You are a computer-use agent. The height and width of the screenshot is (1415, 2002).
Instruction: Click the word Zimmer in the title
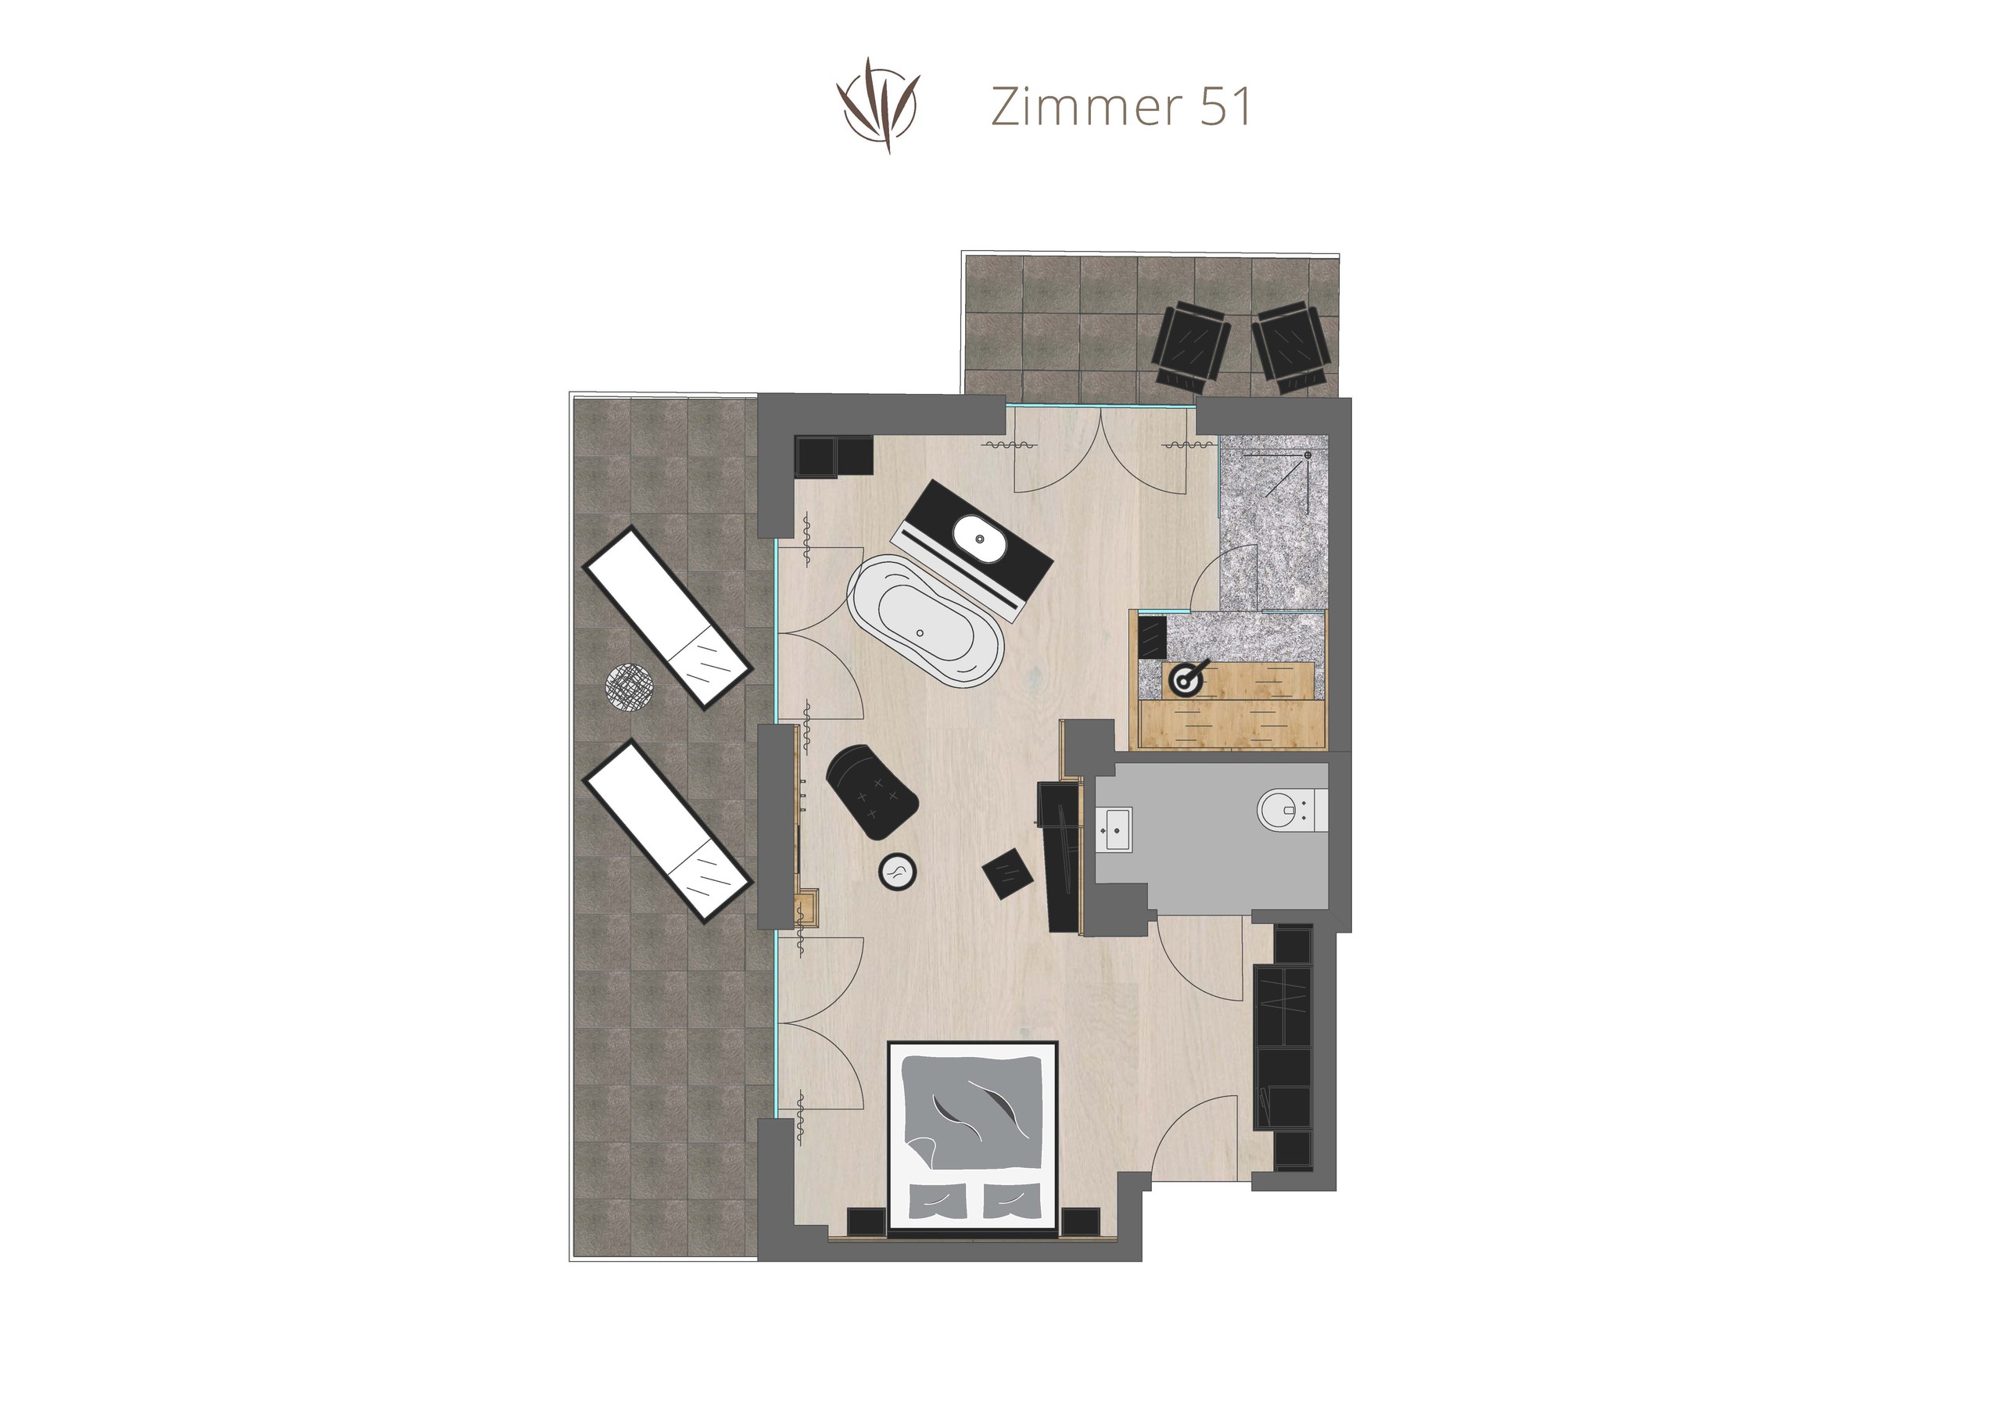tap(1085, 107)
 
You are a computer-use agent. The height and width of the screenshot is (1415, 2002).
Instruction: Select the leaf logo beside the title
tap(878, 106)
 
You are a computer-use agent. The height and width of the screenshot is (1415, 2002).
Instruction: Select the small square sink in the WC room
tap(1115, 828)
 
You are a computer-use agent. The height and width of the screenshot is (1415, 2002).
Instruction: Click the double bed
tap(972, 1137)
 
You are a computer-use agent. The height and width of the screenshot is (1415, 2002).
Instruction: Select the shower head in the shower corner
tap(1308, 455)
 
